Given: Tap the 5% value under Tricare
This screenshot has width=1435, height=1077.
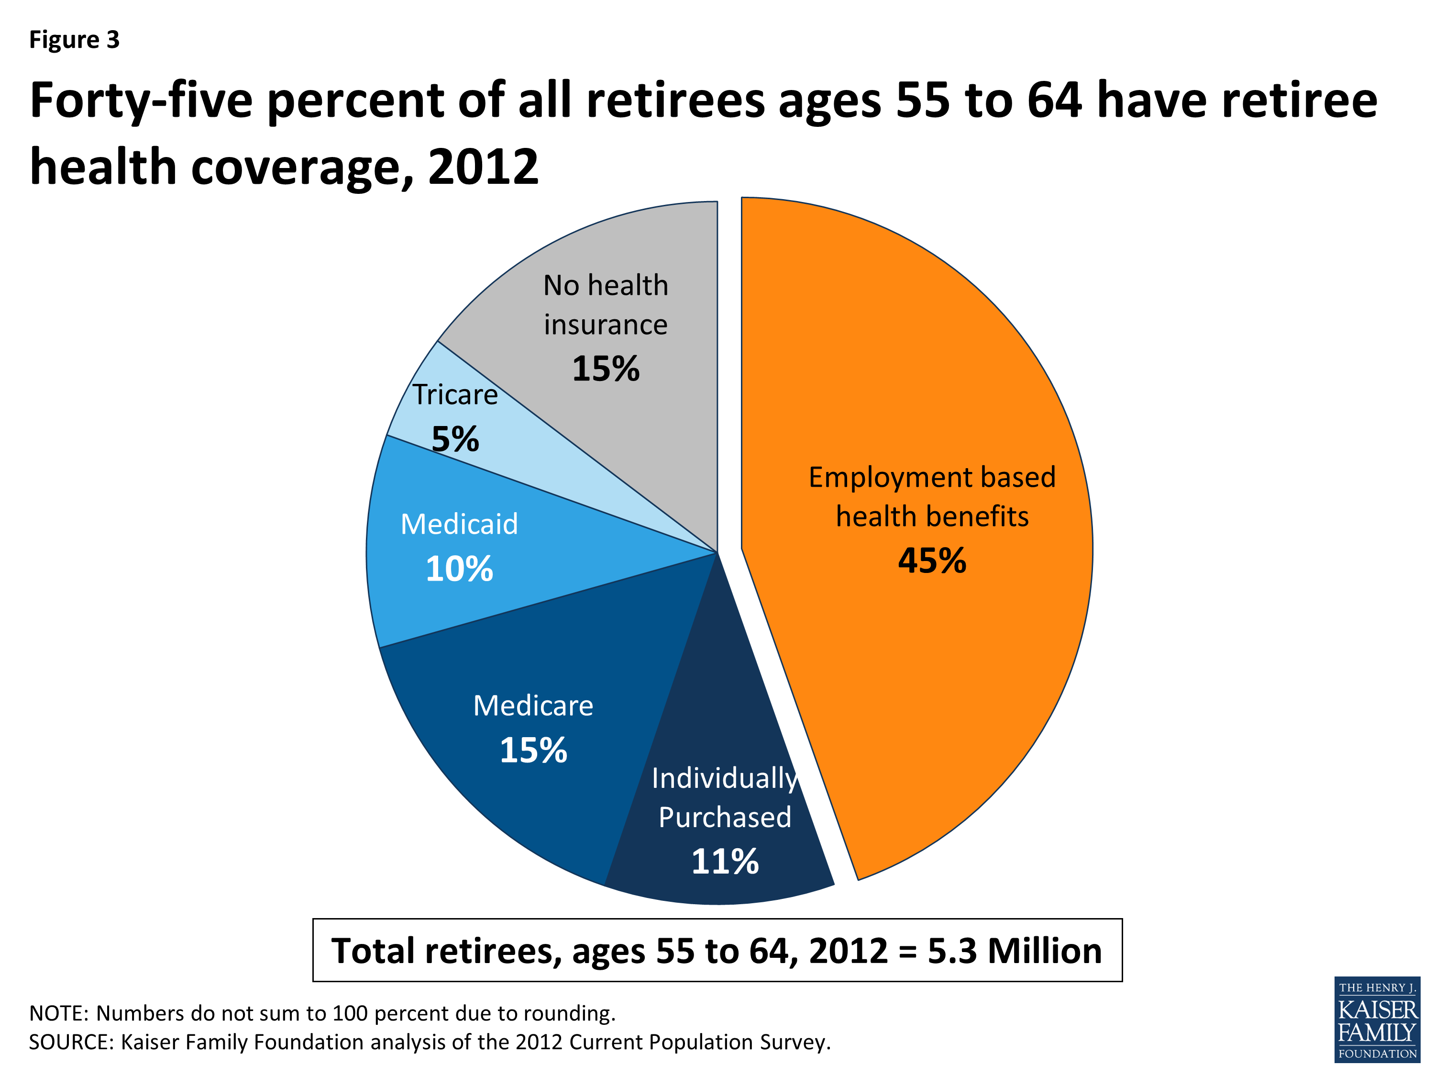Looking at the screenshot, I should pos(455,439).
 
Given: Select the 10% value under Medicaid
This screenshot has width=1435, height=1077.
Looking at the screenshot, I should pos(459,569).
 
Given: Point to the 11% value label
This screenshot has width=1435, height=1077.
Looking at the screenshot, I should pos(725,862).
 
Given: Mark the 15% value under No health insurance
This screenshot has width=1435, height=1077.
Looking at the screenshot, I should pos(605,369).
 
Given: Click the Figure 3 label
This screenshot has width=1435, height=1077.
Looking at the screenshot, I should pos(75,40).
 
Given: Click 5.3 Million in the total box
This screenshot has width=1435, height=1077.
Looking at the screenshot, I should pos(1015,951).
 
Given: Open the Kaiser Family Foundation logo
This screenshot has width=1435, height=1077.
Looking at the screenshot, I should pos(1377,1019).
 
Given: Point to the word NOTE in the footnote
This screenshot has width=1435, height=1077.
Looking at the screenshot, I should pos(58,1013).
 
